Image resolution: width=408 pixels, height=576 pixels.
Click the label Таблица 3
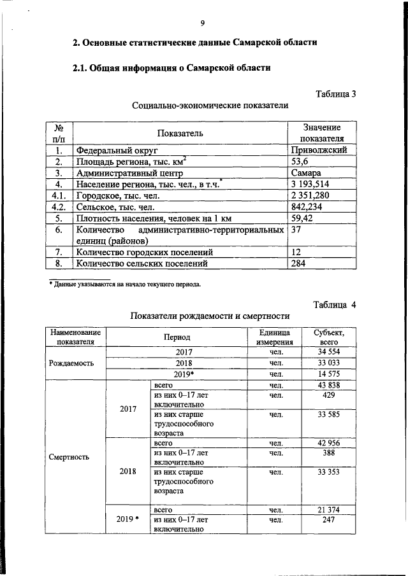point(336,94)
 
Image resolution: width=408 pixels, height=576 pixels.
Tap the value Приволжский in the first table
point(319,150)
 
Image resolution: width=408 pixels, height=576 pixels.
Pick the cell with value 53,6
point(300,162)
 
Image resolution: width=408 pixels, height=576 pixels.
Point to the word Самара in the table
point(305,173)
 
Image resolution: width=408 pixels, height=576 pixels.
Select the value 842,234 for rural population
point(309,207)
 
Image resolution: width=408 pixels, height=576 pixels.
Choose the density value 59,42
point(303,219)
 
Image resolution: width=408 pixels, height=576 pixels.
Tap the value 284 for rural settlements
point(298,263)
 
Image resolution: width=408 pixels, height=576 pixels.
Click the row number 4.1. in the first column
point(59,196)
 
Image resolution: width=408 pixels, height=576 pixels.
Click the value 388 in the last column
point(329,453)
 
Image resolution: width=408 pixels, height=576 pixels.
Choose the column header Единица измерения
point(275,337)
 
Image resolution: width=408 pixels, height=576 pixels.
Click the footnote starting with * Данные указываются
point(125,284)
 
